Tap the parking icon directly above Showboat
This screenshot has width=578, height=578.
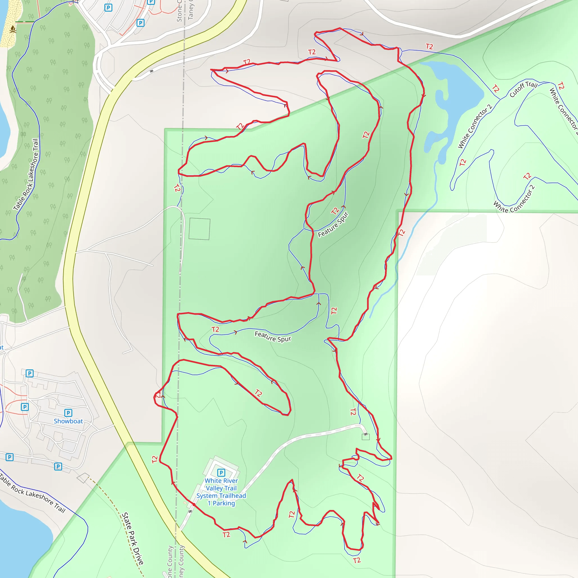point(68,413)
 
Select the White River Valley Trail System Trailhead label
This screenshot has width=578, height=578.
point(221,492)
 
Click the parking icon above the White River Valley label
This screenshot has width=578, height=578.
point(221,472)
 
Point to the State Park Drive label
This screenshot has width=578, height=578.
point(133,538)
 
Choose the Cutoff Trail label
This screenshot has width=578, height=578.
point(523,89)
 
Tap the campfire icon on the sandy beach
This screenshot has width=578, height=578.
point(13,29)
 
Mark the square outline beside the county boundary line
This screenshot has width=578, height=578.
point(199,229)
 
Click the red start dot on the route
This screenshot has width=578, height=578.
point(194,504)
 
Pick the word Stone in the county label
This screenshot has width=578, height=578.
point(179,11)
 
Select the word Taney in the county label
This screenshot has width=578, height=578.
point(191,10)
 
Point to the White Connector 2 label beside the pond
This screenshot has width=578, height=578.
point(475,126)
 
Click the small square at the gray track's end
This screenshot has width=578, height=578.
point(365,437)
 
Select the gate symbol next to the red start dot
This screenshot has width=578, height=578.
point(190,511)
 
